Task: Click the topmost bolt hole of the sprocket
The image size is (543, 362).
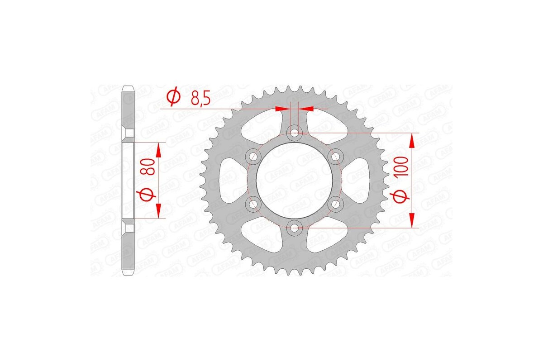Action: [295, 133]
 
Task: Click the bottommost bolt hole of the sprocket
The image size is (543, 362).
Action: [295, 228]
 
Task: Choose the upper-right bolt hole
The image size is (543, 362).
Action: [336, 157]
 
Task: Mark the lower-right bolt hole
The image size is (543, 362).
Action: [336, 205]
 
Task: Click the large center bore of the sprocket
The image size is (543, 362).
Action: [295, 181]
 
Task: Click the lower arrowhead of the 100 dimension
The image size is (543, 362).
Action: [412, 220]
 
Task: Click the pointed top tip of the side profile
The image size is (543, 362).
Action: [129, 86]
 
